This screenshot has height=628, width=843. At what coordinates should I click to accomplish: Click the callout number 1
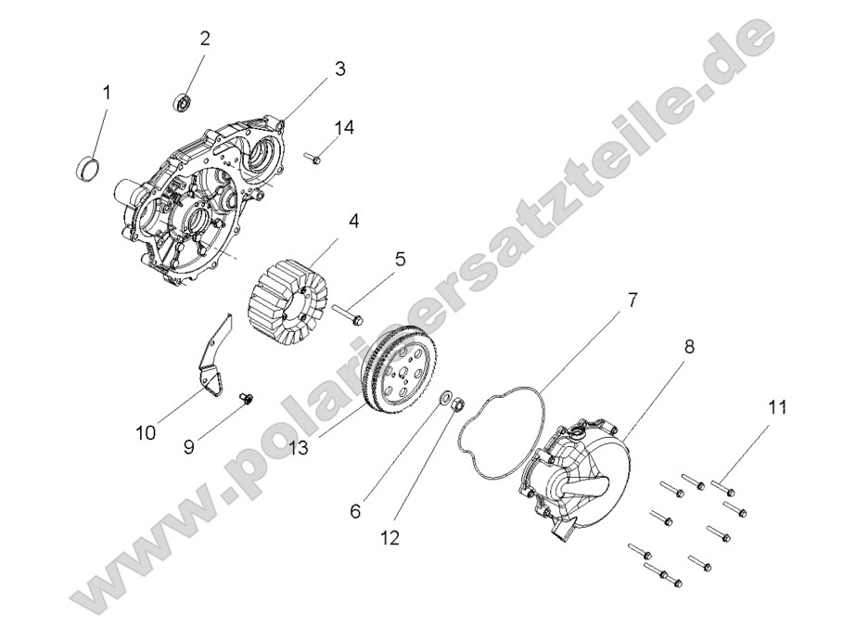point(107,93)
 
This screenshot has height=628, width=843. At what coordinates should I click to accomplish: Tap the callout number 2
point(205,38)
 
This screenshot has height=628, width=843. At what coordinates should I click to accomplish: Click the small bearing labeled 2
point(183,100)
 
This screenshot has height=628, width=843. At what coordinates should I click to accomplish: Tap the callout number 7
point(632,300)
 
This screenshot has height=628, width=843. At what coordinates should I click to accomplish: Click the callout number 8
point(689,347)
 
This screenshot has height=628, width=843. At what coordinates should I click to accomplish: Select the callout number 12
point(390,538)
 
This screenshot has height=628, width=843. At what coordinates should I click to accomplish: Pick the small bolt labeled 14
point(312,159)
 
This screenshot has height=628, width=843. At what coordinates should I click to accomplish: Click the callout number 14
point(344,127)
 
